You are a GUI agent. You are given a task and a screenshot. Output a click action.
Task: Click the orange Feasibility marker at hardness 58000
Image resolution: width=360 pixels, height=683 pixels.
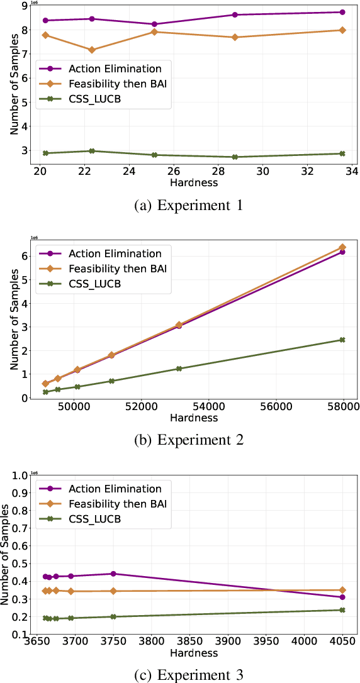coord(342,247)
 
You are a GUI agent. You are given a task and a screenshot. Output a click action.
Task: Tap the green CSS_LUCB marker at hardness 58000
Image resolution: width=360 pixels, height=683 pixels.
coord(342,340)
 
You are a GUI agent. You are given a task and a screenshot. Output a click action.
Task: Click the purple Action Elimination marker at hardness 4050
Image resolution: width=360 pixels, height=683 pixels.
coord(342,597)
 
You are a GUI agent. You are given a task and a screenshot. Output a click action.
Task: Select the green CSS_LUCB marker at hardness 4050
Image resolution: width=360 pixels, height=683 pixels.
coord(342,610)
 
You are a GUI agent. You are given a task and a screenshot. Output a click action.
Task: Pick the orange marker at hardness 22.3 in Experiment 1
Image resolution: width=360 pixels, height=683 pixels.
coord(92,50)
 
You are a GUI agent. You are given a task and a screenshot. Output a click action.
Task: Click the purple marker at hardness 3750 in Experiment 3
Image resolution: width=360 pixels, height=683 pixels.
coord(113,574)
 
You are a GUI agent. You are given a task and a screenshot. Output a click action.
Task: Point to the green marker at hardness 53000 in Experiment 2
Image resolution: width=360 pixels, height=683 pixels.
coord(179,369)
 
